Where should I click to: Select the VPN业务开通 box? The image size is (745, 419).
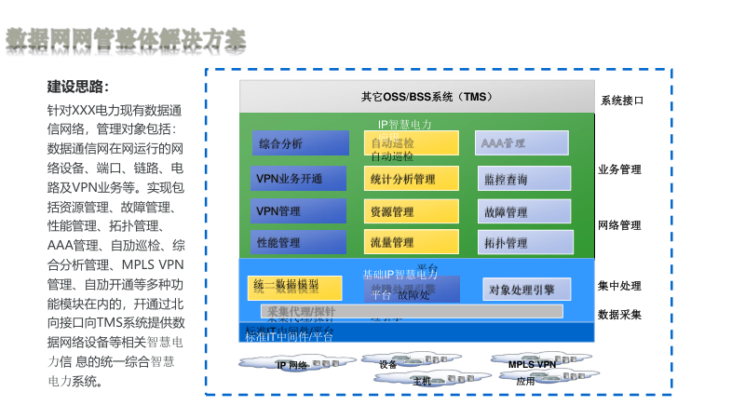pos(298,178)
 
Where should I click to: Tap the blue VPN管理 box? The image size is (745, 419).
pos(298,211)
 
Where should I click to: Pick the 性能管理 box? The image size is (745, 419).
pos(298,242)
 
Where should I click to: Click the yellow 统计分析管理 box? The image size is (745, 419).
pos(412,178)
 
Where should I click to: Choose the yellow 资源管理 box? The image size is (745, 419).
pos(412,211)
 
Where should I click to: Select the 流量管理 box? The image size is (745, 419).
pos(412,242)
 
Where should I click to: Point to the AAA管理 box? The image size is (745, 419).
pos(522,143)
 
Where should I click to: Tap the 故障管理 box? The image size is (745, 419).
pos(522,212)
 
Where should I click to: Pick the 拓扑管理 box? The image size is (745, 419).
pos(522,243)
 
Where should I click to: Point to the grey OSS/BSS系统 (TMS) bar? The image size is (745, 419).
pos(416,97)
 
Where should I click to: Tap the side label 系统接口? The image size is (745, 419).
pos(621,100)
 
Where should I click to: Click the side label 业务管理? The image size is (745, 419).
pos(619,169)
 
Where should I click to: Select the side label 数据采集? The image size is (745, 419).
pos(619,314)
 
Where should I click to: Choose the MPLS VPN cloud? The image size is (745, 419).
pos(533,364)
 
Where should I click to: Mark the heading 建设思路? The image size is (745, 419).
pos(78,88)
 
